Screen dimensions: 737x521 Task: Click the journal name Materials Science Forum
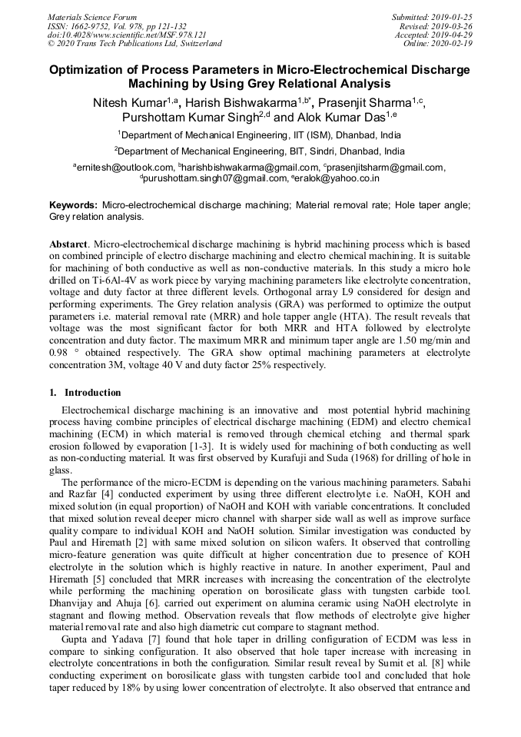[92, 17]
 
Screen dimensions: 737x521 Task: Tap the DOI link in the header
[127, 35]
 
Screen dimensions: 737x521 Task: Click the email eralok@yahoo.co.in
[336, 178]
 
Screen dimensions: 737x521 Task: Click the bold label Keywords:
[74, 205]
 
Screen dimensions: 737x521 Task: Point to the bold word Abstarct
[68, 243]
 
